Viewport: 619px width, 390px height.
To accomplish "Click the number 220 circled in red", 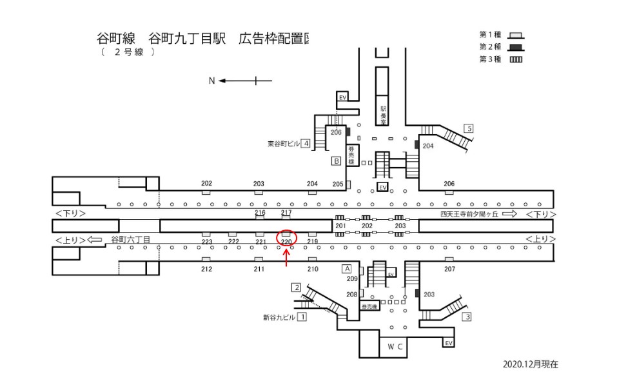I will point(287,242).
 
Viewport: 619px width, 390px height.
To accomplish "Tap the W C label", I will point(395,347).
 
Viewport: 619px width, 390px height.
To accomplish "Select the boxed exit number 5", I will point(469,128).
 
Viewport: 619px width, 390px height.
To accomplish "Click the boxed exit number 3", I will point(467,317).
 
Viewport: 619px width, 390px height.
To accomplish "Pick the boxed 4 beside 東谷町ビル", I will point(306,143).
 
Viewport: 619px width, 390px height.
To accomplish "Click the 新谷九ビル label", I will point(279,318).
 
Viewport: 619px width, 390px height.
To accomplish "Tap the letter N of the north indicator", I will point(211,81).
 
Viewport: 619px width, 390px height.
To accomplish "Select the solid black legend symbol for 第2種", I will point(515,47).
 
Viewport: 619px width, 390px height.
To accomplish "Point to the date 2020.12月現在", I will point(531,364).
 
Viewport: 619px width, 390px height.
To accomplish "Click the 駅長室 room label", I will point(383,115).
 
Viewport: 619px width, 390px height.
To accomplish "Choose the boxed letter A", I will point(346,268).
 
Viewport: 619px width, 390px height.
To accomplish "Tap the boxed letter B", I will point(336,161).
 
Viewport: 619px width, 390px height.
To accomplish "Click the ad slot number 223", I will point(206,242).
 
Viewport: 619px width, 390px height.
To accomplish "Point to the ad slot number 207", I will point(449,268).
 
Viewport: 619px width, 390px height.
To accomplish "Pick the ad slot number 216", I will point(260,213).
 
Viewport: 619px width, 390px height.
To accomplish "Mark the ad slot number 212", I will point(206,268).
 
